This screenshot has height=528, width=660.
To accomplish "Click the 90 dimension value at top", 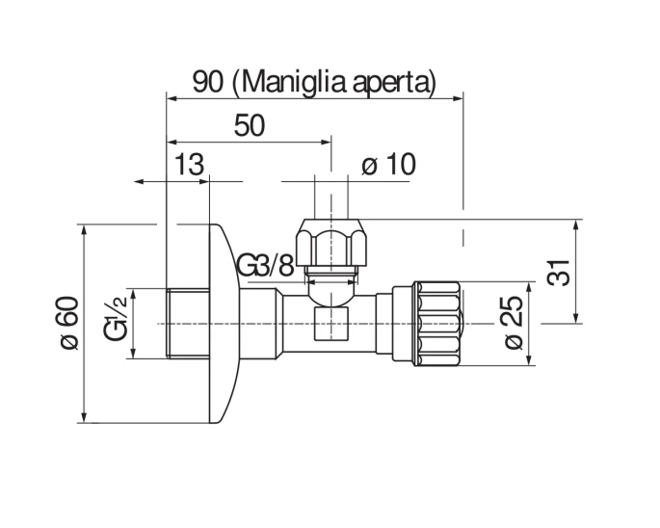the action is coord(208,82).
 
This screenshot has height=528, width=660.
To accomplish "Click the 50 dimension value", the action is coord(250,125).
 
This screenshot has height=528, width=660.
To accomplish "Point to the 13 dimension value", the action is coord(189,164).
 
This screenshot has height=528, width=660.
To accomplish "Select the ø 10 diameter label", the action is coord(389,164).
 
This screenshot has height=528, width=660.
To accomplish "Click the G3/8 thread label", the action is coord(265,265).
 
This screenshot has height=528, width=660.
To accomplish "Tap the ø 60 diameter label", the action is coord(69,324).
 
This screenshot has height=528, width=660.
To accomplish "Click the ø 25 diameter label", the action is coord(514,324).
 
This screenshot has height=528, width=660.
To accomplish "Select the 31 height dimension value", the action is coord(560,273).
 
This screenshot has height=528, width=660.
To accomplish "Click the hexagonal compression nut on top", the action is coord(331,242).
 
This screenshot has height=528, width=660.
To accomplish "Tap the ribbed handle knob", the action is coord(436,324).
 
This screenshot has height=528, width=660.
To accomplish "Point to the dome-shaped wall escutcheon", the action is coord(224,324).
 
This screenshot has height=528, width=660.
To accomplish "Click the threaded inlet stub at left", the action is coord(188,324).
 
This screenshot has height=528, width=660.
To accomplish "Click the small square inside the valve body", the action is coord(331,324).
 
